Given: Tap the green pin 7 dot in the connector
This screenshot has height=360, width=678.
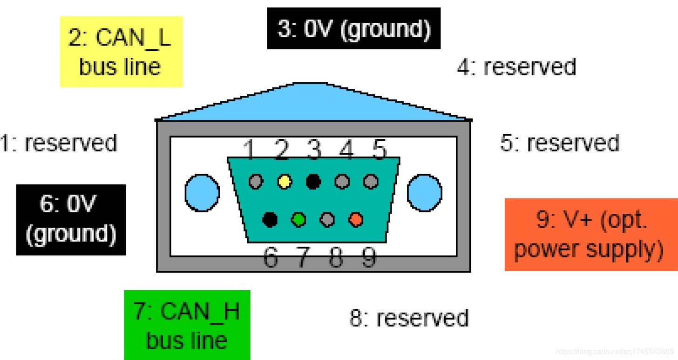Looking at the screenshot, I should click(298, 219).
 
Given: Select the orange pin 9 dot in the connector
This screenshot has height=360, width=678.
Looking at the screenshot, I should click(356, 219).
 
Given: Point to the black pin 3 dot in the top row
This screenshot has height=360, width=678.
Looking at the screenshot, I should click(313, 181).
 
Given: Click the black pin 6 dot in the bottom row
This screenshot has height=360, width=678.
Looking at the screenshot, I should click(270, 219).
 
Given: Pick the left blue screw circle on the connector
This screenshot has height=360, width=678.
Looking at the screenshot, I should click(202, 192).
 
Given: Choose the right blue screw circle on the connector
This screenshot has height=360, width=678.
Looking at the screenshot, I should click(424, 192).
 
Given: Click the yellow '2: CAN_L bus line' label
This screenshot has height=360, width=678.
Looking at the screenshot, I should click(121, 52).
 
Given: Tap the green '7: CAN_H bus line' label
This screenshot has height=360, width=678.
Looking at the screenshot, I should click(187, 325).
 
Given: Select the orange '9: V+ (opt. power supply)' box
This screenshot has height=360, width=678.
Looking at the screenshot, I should click(591, 234).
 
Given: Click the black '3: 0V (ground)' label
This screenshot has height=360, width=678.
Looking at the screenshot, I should click(353, 28).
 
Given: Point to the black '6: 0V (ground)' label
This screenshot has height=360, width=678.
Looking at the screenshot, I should click(71, 220).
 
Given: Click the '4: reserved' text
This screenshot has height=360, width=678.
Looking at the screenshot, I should click(516, 67).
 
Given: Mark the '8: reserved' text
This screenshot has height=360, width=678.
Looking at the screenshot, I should click(409, 318).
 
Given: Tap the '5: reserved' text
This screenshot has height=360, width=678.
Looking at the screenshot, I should click(560, 143).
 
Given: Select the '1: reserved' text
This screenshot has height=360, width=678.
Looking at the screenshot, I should click(59, 143).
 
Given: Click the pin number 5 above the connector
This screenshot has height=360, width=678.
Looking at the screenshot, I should click(380, 150).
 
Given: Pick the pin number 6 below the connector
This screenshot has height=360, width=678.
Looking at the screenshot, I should click(270, 257).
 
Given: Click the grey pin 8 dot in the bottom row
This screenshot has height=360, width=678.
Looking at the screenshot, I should click(327, 219).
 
